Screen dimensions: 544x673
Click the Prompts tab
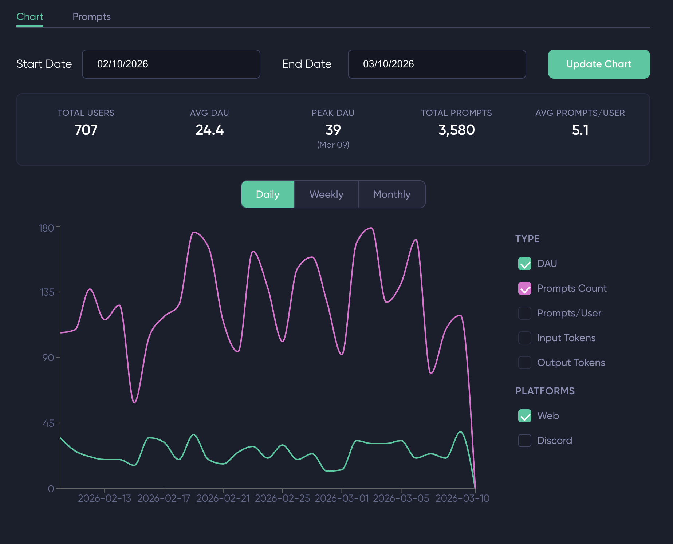(x=91, y=17)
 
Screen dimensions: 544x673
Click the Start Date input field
(x=171, y=64)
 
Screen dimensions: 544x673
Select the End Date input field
(x=437, y=64)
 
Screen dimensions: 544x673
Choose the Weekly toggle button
(x=326, y=194)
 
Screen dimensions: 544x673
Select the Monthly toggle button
(x=391, y=194)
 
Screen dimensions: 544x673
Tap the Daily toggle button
(x=268, y=194)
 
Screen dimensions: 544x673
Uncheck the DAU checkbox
(x=525, y=264)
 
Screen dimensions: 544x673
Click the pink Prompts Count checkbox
(x=525, y=288)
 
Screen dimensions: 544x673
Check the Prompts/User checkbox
(x=525, y=313)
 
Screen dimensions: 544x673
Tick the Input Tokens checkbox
(x=525, y=338)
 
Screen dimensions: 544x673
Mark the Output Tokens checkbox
(x=525, y=363)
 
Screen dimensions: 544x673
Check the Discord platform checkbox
(x=525, y=441)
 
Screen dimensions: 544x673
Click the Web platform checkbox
(x=525, y=416)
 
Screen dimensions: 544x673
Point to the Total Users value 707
(x=86, y=130)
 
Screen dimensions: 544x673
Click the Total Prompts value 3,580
(x=456, y=130)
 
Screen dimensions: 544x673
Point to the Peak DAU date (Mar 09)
(x=333, y=145)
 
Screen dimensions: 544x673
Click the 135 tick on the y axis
(x=47, y=292)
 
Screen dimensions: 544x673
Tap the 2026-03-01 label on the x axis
(x=342, y=498)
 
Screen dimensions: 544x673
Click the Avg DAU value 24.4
(x=209, y=130)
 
